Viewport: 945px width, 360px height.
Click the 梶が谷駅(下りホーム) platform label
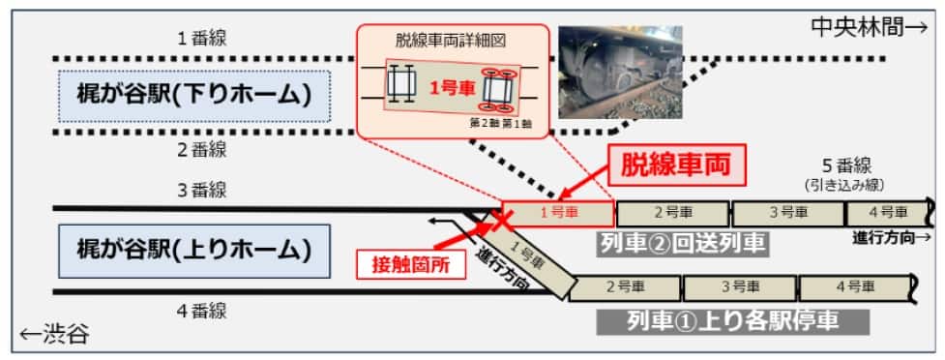(193, 96)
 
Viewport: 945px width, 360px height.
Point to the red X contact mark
(501, 219)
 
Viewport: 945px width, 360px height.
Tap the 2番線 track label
(201, 149)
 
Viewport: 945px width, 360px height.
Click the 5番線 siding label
(840, 165)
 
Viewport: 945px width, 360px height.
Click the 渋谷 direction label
(56, 336)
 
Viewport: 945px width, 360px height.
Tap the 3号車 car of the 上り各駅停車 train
(740, 286)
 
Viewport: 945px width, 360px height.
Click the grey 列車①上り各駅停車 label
(731, 320)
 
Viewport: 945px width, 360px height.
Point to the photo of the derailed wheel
(621, 72)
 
